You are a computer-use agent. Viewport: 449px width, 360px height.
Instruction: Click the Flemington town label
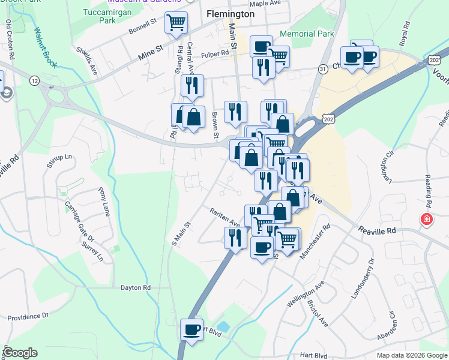pos(230,13)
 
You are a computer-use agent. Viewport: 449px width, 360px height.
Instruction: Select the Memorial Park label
pos(306,34)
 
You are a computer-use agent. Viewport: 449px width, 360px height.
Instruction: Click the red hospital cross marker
pos(427,220)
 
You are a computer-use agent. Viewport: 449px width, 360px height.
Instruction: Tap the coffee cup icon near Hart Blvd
pos(192,330)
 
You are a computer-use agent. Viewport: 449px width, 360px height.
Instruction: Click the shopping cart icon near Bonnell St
pos(176,23)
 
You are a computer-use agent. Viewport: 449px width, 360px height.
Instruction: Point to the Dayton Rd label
pos(135,287)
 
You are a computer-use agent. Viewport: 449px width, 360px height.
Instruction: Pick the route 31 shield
pos(323,70)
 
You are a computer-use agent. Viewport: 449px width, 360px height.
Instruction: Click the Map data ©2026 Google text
pos(412,355)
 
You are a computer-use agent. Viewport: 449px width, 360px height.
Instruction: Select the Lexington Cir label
pos(387,165)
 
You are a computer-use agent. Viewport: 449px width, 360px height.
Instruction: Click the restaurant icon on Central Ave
pos(192,86)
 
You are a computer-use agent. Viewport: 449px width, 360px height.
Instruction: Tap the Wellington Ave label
pos(306,294)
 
